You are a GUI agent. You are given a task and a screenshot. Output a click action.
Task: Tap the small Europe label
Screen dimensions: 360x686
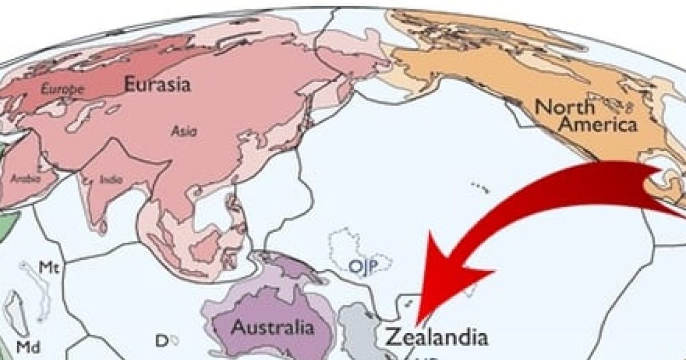click(63, 89)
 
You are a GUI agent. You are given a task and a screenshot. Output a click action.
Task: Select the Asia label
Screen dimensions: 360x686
click(184, 131)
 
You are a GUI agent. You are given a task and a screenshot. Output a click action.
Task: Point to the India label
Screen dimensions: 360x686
click(110, 179)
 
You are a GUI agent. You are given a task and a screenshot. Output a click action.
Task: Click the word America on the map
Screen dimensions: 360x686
click(597, 125)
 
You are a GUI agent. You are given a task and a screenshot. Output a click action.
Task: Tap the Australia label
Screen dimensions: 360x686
click(273, 328)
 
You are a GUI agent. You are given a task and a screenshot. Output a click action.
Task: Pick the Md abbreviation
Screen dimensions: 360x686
click(27, 346)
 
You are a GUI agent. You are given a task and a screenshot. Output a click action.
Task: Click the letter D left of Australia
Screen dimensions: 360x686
click(161, 341)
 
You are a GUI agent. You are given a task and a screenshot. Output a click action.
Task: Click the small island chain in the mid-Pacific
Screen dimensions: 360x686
click(479, 186)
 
